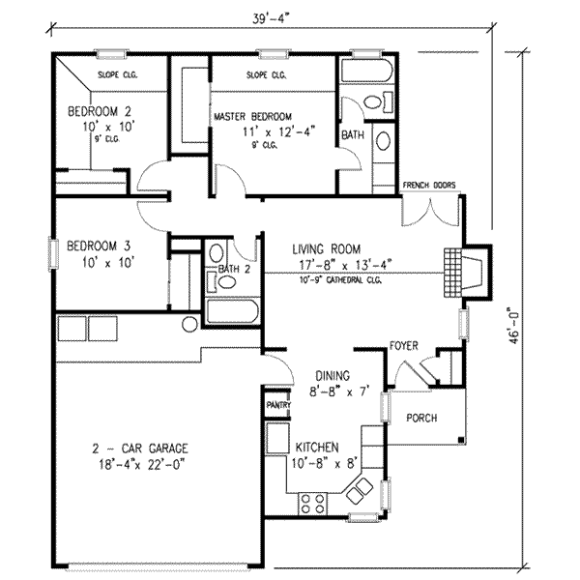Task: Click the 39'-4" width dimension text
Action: [270, 19]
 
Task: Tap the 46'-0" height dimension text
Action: [514, 326]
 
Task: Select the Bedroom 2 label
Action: [100, 111]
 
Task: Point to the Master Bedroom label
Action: [252, 117]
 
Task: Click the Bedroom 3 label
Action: [99, 246]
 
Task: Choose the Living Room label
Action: [327, 249]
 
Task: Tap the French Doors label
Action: [429, 185]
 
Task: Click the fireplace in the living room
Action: [468, 273]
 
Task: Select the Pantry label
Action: [278, 405]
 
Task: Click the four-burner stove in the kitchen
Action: [312, 504]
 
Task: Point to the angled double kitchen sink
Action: [360, 490]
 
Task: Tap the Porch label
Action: [421, 418]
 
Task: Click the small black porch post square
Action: [461, 440]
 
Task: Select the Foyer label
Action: [404, 346]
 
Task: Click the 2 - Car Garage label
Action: [140, 449]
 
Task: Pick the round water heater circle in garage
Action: [189, 324]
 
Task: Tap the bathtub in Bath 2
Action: [233, 311]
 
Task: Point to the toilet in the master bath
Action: [377, 101]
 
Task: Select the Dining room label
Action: [333, 376]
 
